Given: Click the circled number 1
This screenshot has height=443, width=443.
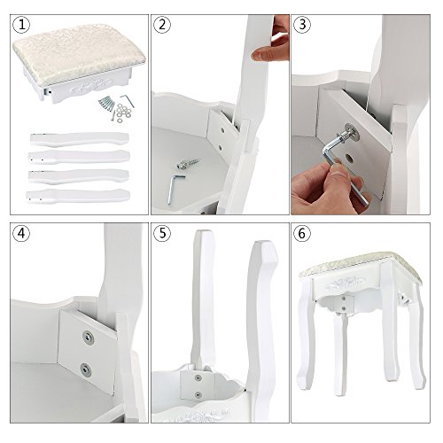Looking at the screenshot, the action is tap(21, 25).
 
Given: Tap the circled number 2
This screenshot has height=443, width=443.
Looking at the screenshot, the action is tap(162, 25).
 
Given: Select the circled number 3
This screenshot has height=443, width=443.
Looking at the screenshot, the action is tap(302, 25).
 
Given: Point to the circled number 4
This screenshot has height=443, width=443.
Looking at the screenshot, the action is tap(21, 234).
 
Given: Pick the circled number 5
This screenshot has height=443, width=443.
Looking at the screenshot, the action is tap(162, 234).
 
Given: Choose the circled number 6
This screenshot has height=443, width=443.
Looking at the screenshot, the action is tap(302, 234).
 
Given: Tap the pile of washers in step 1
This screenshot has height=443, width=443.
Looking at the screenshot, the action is tap(124, 112).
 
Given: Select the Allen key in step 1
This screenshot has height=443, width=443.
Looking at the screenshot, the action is tap(127, 100).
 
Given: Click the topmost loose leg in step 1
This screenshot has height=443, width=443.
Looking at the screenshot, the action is tap(79, 139).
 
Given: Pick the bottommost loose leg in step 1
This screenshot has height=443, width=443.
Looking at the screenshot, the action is tap(78, 196).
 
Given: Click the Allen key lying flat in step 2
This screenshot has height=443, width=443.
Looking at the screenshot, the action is tap(174, 189).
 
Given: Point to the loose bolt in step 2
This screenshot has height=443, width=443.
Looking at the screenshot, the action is tap(187, 164).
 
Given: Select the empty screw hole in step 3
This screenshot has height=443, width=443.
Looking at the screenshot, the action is tap(349, 159).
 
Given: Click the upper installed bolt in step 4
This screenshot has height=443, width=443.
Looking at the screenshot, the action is tap(87, 336).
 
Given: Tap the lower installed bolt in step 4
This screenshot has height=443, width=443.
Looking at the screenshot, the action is tap(85, 369).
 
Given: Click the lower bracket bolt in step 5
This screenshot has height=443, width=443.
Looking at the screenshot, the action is tap(198, 394).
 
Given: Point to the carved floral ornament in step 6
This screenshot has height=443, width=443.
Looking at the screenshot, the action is tap(346, 283).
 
